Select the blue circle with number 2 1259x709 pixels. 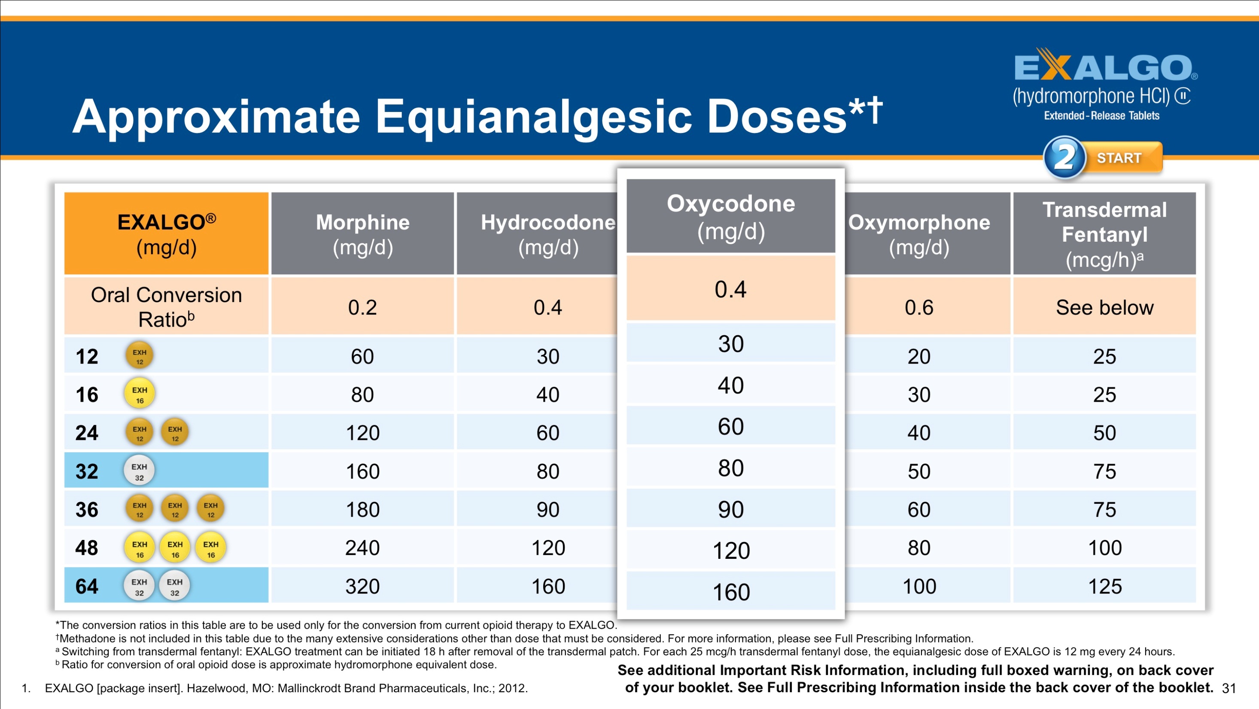click(x=1064, y=158)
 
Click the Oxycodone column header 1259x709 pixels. click(x=731, y=216)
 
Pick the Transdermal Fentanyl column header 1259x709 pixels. click(x=1104, y=234)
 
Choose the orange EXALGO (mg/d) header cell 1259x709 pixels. click(x=166, y=234)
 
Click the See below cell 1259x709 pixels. click(x=1104, y=307)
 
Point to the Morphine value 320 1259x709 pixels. click(x=362, y=586)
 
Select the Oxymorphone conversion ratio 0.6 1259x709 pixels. click(x=919, y=307)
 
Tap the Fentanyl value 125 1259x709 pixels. click(x=1104, y=586)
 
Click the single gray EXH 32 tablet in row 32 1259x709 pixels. click(x=139, y=470)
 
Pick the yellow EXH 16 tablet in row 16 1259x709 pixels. click(x=139, y=394)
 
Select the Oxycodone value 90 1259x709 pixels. click(x=731, y=509)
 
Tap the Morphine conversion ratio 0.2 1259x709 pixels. click(x=362, y=307)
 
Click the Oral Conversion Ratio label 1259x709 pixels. click(x=166, y=307)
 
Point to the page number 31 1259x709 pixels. click(x=1228, y=688)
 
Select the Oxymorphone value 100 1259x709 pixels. click(x=919, y=586)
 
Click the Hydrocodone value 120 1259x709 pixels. click(x=548, y=548)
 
